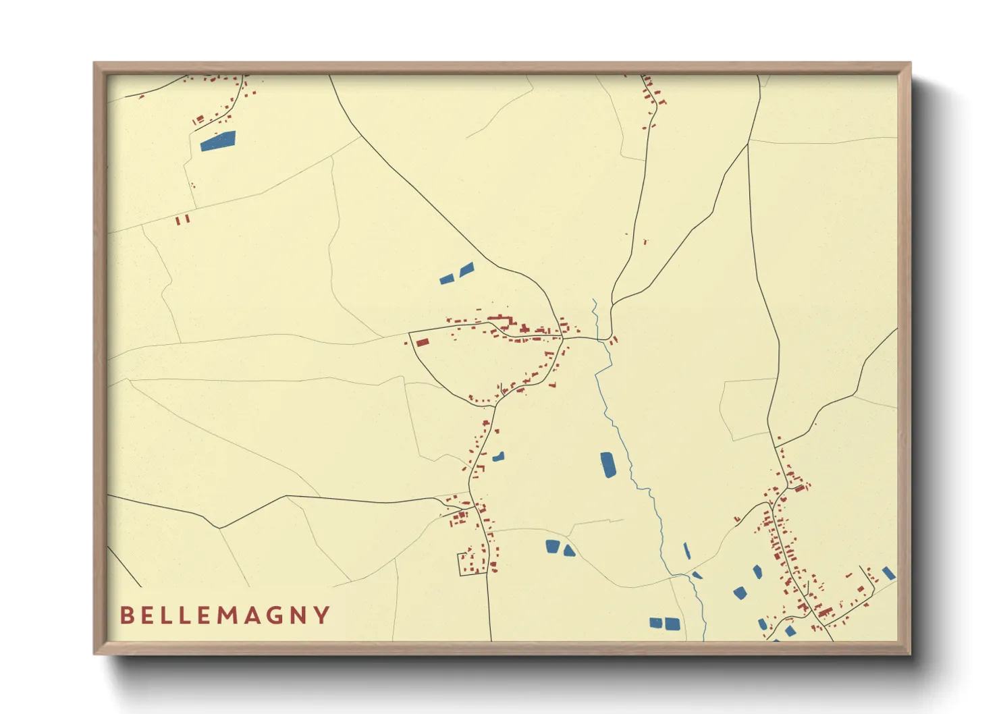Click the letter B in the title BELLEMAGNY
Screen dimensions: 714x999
click(x=126, y=615)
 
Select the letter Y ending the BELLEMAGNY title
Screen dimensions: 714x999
click(x=323, y=615)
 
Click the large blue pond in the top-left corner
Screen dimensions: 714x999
click(x=218, y=141)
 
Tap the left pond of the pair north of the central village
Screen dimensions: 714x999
click(x=446, y=279)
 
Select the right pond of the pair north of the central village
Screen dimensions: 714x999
click(x=466, y=269)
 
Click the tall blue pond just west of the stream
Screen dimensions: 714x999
click(x=608, y=465)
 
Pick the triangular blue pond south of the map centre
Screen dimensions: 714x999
click(x=569, y=551)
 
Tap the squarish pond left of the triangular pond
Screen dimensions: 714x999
click(x=553, y=547)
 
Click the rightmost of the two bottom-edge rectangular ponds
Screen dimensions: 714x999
click(x=672, y=624)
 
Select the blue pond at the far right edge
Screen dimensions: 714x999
click(x=889, y=573)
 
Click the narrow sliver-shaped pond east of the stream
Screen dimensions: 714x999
click(x=686, y=551)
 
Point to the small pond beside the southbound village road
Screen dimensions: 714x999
click(x=498, y=457)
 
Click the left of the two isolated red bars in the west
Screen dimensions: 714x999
click(x=178, y=220)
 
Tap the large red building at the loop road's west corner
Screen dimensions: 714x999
click(x=423, y=342)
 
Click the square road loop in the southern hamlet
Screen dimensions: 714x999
click(x=468, y=563)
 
